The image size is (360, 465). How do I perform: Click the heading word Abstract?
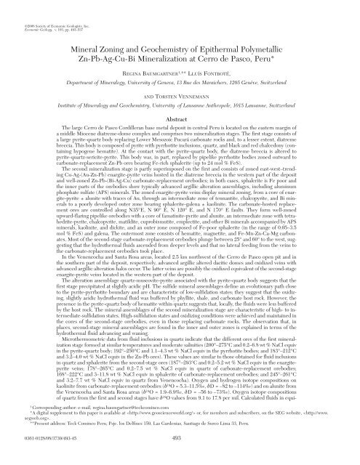[x=179, y=144]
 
